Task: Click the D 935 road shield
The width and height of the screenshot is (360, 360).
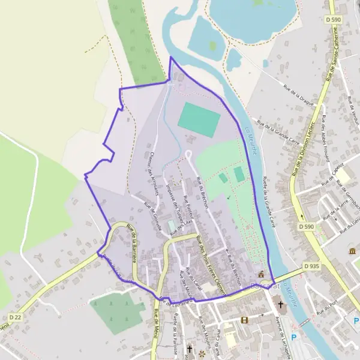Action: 311,266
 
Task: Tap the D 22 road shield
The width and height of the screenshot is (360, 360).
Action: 16,316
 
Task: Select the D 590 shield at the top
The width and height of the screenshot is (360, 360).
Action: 334,20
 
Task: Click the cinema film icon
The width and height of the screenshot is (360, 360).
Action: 244,320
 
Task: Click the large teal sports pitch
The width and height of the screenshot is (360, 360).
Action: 199,118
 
